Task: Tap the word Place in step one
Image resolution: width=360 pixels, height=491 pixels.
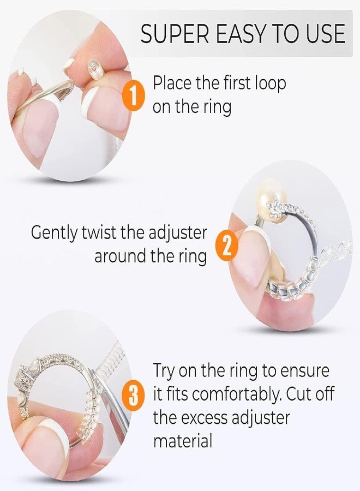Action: pyautogui.click(x=172, y=83)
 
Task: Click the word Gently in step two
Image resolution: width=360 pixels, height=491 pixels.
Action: pyautogui.click(x=54, y=233)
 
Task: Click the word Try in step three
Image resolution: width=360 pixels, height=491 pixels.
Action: pyautogui.click(x=165, y=371)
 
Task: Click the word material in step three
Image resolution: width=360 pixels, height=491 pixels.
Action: pyautogui.click(x=183, y=441)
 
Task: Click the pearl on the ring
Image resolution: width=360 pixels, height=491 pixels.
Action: pyautogui.click(x=270, y=202)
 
